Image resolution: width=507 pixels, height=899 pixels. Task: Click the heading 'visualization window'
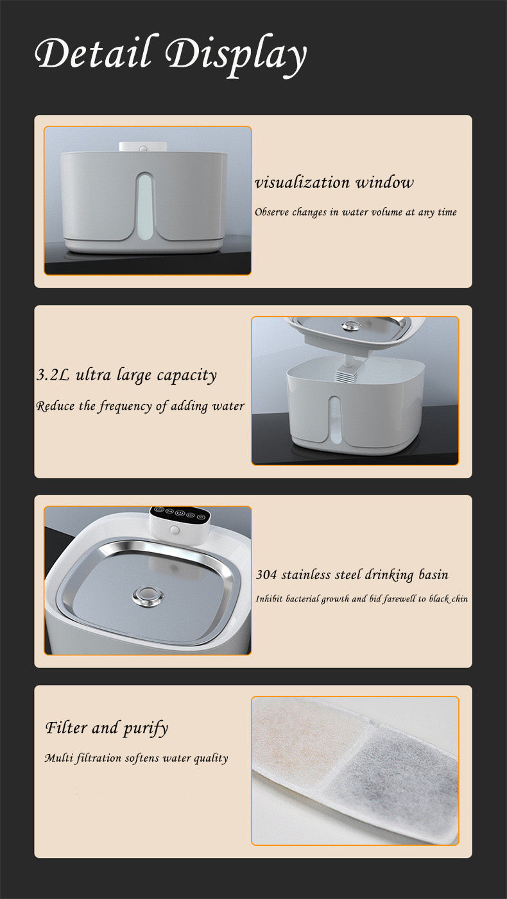tap(334, 183)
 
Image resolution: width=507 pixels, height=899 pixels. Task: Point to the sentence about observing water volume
tap(356, 212)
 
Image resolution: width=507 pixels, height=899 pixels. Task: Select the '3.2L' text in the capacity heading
tap(53, 375)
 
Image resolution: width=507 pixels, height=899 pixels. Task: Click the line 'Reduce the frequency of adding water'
tap(140, 406)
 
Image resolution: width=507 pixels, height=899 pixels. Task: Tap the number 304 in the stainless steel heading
tap(266, 575)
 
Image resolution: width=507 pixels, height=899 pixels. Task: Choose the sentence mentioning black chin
tap(361, 599)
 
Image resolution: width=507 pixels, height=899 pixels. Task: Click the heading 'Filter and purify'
tap(107, 728)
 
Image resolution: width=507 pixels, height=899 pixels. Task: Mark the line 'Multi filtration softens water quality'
tap(136, 758)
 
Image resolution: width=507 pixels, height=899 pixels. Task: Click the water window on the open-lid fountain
tap(334, 421)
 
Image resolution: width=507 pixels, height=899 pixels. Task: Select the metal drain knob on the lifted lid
tap(350, 326)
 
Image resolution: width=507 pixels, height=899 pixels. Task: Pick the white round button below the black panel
tap(174, 532)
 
